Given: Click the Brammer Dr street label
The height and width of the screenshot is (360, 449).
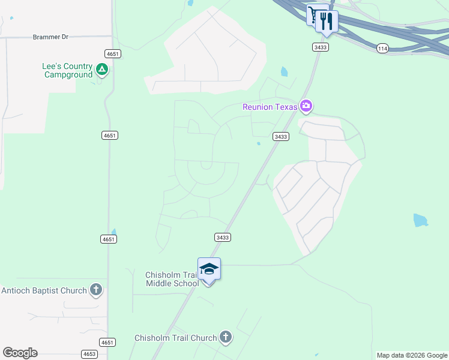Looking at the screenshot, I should click(x=50, y=37).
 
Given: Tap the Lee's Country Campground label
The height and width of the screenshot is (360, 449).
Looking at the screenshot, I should click(x=68, y=70).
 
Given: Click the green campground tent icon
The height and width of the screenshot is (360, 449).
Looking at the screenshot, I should click(x=103, y=70).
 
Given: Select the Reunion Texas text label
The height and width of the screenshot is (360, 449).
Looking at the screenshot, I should click(x=270, y=107).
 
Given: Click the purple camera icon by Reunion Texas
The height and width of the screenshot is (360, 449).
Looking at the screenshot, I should click(x=307, y=106).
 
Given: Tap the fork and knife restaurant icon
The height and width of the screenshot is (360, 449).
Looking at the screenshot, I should click(x=327, y=21).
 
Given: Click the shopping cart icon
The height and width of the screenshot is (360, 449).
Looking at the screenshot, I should click(x=313, y=14).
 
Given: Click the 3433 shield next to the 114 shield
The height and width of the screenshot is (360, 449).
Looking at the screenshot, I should click(x=321, y=47).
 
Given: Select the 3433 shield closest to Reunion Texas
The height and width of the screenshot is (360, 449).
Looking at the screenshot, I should click(x=281, y=137).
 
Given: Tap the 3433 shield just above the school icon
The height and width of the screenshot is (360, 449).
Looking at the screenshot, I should click(x=223, y=238).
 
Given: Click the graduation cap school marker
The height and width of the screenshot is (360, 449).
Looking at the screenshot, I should click(x=209, y=268).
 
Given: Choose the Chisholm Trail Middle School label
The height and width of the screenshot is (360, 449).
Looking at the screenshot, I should click(x=172, y=279).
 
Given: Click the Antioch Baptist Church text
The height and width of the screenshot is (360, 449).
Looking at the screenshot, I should click(x=44, y=291).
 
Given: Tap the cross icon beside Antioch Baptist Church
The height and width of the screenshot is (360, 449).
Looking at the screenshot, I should click(x=95, y=290).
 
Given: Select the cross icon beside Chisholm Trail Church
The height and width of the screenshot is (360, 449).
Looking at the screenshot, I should click(x=226, y=337).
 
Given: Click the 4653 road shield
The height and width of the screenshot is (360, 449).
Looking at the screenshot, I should click(x=89, y=354).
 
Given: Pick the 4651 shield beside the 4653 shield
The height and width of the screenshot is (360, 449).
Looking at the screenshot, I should click(x=108, y=343).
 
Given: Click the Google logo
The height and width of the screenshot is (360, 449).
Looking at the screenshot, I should click(x=20, y=353).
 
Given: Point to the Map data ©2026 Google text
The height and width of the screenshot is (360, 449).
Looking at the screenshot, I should click(x=411, y=355).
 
